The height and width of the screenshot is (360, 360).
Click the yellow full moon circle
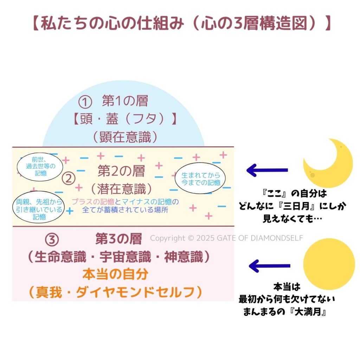coord(329,264)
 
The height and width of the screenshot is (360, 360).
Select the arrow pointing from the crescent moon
coord(267,171)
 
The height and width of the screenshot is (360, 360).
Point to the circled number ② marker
coord(69,179)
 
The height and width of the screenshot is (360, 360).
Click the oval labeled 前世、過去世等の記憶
coord(39,166)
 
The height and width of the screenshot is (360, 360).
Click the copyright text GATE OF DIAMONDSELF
coord(226,238)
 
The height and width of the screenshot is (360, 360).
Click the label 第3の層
coord(118,239)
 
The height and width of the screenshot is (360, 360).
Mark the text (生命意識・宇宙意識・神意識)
coord(119,257)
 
